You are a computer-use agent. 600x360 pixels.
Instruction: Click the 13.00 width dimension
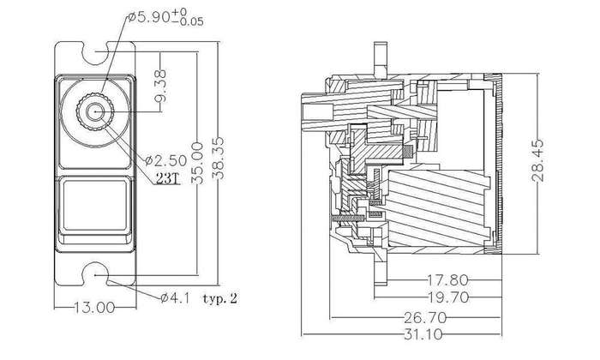[x=94, y=307]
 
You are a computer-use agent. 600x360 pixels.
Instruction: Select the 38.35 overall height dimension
[x=219, y=159]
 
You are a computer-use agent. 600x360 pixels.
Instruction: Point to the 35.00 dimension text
[x=197, y=164]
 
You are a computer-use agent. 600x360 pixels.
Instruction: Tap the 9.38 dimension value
[x=161, y=86]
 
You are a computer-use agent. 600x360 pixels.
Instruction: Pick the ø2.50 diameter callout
[x=166, y=160]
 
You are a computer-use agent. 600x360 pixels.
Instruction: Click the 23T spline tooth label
[x=168, y=178]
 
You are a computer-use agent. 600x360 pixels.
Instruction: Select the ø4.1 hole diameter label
[x=175, y=298]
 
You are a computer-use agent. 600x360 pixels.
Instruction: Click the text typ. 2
[x=220, y=298]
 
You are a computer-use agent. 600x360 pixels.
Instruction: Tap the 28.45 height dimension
[x=537, y=160]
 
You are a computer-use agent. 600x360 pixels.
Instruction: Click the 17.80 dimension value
[x=447, y=280]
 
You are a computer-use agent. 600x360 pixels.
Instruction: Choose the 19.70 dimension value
[x=448, y=297]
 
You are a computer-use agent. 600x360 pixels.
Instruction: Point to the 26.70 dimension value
[x=425, y=317]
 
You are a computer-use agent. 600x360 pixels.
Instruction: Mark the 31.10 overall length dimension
[x=423, y=335]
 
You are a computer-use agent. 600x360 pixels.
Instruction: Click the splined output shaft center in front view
[x=95, y=111]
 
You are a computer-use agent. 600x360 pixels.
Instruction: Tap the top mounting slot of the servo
[x=95, y=52]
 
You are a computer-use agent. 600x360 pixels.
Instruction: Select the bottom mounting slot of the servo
[x=95, y=274]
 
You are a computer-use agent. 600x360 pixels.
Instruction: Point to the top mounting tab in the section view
[x=381, y=59]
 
